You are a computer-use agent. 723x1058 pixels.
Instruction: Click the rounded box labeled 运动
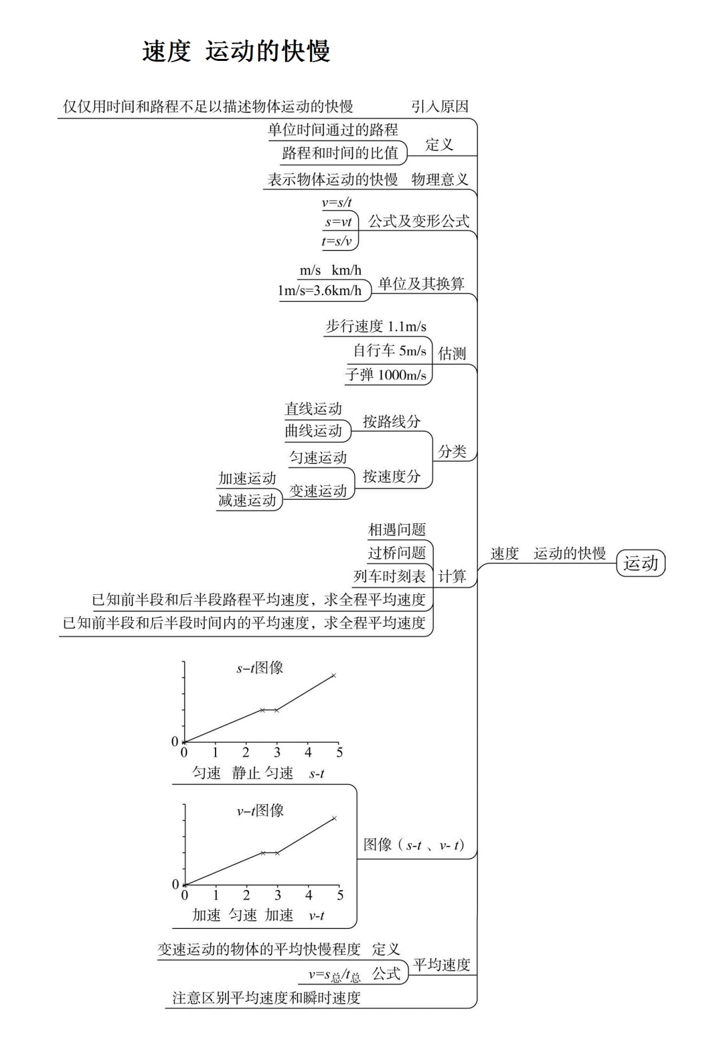click(x=641, y=563)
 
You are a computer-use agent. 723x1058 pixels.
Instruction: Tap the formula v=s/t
click(x=337, y=202)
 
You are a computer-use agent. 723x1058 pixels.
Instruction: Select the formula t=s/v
click(x=337, y=241)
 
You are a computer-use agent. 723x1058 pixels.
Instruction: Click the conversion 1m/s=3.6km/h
click(x=319, y=290)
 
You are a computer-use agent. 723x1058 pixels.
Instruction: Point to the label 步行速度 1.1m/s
click(x=376, y=327)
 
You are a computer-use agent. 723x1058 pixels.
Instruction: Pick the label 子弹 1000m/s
click(x=386, y=375)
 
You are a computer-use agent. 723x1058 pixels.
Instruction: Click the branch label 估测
click(x=452, y=353)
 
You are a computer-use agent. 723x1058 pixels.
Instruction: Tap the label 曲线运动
click(x=313, y=431)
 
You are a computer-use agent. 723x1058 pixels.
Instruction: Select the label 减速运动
click(x=247, y=501)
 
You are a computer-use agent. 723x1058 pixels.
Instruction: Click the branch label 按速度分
click(x=392, y=476)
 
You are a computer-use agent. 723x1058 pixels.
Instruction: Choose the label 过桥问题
click(x=397, y=553)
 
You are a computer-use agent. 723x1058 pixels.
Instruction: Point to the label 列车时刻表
click(x=390, y=576)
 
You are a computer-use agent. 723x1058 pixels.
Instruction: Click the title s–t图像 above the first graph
click(x=260, y=667)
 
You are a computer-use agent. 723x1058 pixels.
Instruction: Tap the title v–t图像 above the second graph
click(x=260, y=810)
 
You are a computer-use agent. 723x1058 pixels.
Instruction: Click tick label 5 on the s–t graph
click(x=339, y=753)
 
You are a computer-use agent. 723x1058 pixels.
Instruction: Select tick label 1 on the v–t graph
click(x=216, y=895)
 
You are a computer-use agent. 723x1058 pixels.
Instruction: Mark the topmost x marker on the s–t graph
click(x=333, y=675)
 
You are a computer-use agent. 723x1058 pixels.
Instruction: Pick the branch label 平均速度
click(x=442, y=965)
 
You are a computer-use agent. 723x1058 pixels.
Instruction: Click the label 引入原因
click(x=440, y=106)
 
